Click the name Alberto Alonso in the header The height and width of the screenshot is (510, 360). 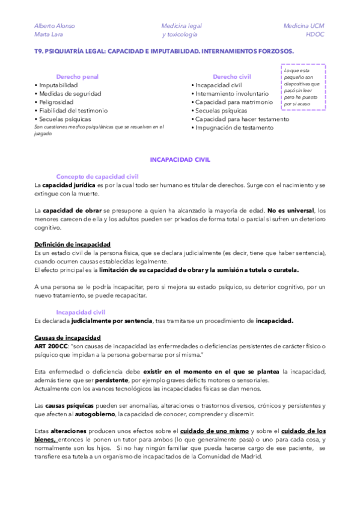[55, 26]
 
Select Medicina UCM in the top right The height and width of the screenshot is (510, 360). [304, 26]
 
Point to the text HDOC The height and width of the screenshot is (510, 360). [314, 34]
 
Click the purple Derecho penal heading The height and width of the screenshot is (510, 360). [78, 77]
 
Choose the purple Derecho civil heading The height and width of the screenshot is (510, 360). [232, 77]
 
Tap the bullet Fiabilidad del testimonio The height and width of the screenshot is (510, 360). [72, 111]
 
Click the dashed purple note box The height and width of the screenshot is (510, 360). [304, 87]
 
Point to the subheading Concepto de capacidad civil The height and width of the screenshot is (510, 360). [97, 176]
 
